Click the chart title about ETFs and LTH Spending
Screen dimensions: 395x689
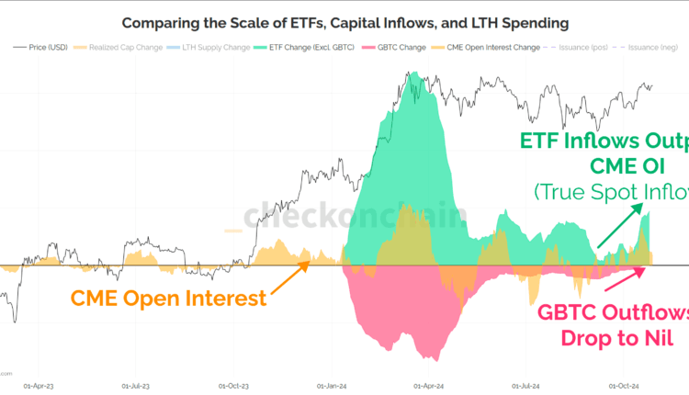(x=344, y=21)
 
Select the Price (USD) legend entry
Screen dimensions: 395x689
(x=46, y=46)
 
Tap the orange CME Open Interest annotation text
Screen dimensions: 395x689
(x=168, y=298)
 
